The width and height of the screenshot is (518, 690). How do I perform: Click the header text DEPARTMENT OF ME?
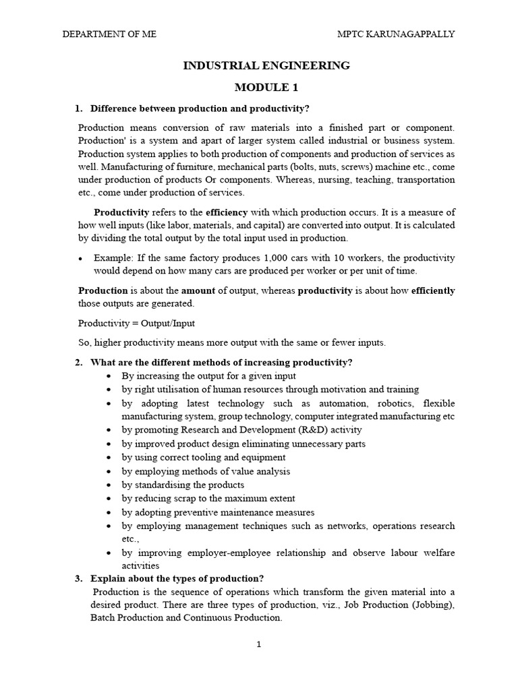pos(109,34)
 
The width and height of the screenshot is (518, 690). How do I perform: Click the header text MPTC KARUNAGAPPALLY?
pos(395,34)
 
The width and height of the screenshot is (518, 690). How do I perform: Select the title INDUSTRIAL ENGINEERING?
pos(266,65)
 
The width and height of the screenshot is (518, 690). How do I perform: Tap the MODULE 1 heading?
pos(266,88)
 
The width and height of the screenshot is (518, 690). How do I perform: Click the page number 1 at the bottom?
pos(258,644)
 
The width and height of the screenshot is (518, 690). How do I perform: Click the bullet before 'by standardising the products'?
pos(109,485)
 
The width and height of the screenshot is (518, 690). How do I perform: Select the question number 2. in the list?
pos(78,363)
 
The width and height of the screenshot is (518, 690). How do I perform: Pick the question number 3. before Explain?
pos(78,578)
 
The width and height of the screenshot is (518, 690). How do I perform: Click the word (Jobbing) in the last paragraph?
pos(432,605)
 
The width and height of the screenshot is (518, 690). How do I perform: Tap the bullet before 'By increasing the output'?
pos(109,376)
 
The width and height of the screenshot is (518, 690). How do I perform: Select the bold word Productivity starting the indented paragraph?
pos(121,212)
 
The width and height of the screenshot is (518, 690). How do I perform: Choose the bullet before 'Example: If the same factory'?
pos(81,259)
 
